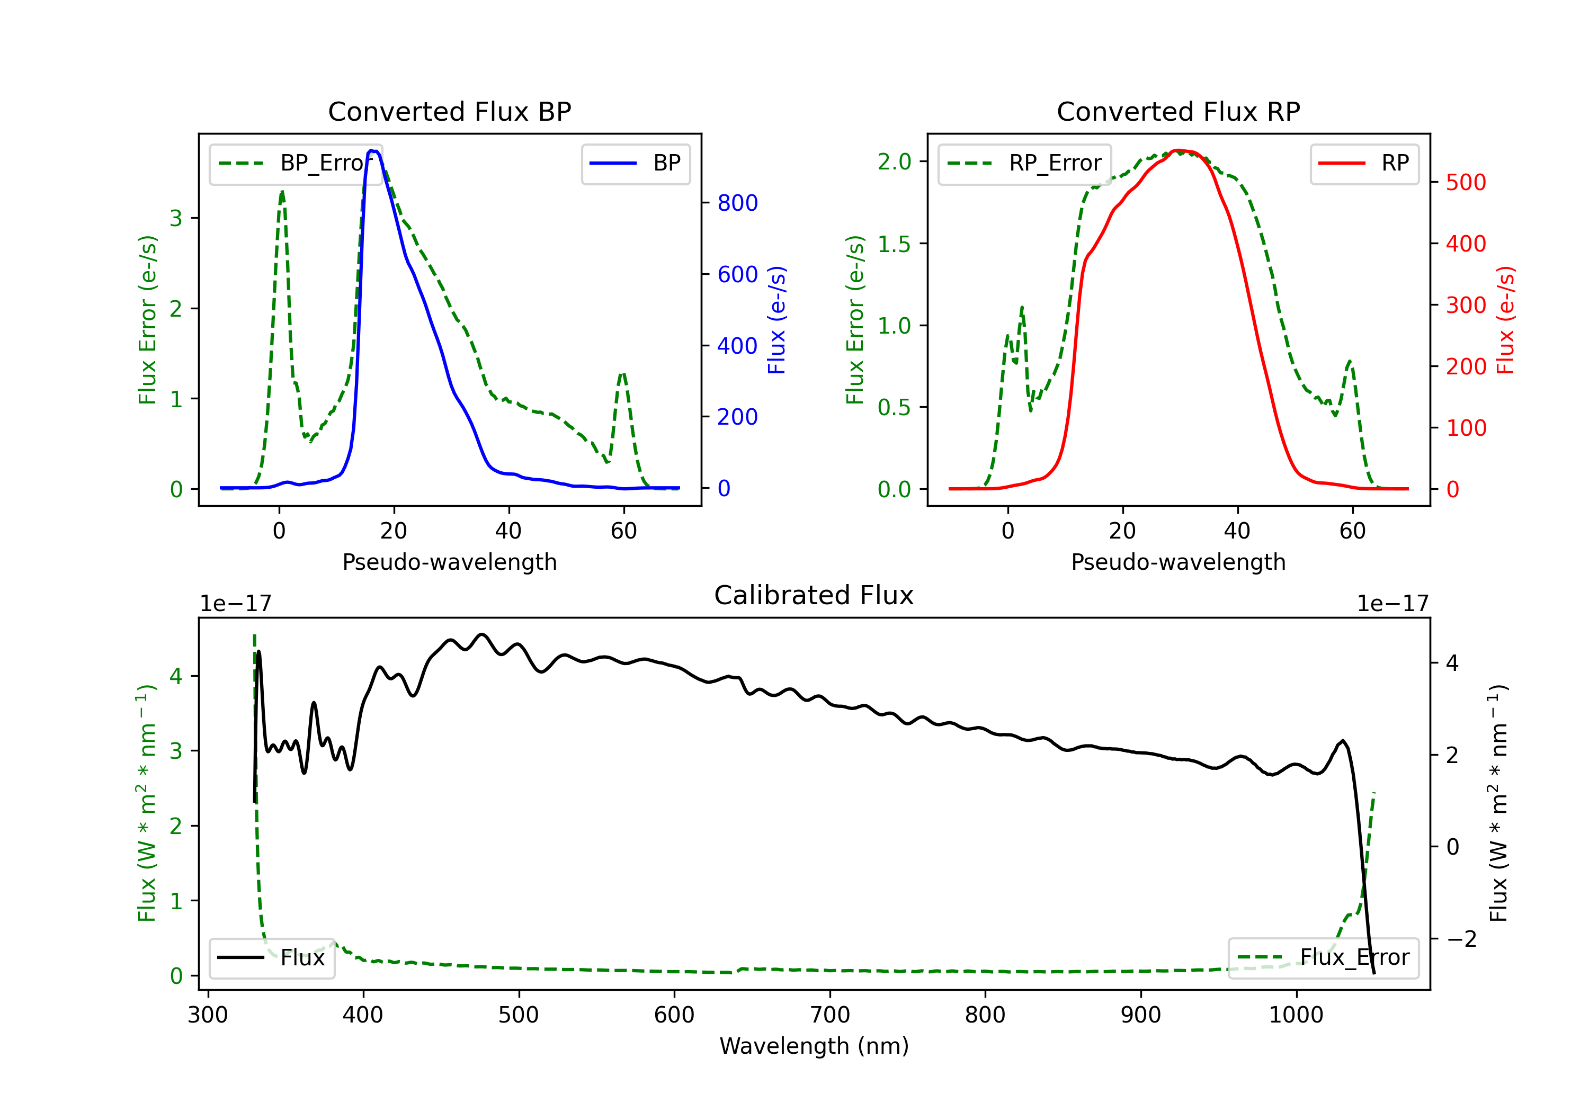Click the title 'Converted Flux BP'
pyautogui.click(x=449, y=111)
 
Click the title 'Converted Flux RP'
pyautogui.click(x=1178, y=111)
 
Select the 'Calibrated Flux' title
pyautogui.click(x=814, y=595)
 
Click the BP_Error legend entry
pyautogui.click(x=296, y=163)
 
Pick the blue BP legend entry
pyautogui.click(x=635, y=163)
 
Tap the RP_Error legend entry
pyautogui.click(x=1024, y=163)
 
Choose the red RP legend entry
pyautogui.click(x=1363, y=163)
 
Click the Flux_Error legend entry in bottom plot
pyautogui.click(x=1323, y=958)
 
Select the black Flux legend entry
pyautogui.click(x=271, y=958)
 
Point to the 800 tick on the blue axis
pyautogui.click(x=737, y=203)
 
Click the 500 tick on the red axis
pyautogui.click(x=1466, y=183)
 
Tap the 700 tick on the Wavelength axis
pyautogui.click(x=830, y=1015)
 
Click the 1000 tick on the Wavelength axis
pyautogui.click(x=1296, y=1015)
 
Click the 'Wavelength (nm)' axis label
pyautogui.click(x=814, y=1046)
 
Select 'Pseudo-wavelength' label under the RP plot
pyautogui.click(x=1178, y=562)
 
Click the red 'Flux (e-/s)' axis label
pyautogui.click(x=1506, y=320)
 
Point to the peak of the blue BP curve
pyautogui.click(x=372, y=150)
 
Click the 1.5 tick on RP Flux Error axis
pyautogui.click(x=894, y=244)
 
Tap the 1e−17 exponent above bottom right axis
pyautogui.click(x=1392, y=604)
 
